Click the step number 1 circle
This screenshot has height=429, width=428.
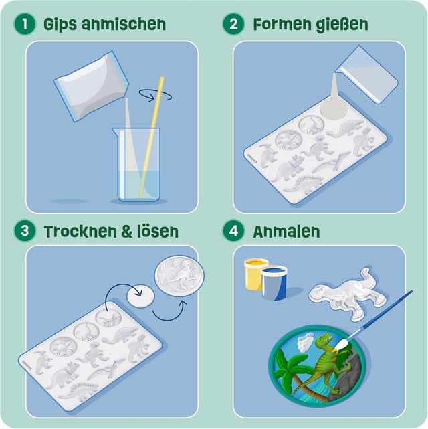click(x=25, y=25)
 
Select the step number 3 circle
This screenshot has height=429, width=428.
click(x=25, y=232)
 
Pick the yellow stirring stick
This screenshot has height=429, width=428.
click(x=151, y=134)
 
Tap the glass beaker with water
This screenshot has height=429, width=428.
click(x=138, y=167)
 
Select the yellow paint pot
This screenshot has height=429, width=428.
click(x=255, y=274)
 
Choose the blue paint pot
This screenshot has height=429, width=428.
click(x=274, y=282)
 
